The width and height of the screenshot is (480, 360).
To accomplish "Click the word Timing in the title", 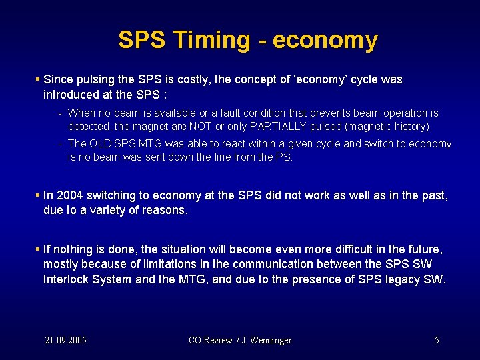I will [210, 41].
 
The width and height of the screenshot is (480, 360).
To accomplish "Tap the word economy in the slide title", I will [325, 41].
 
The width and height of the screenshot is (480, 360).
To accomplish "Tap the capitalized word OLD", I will [101, 144].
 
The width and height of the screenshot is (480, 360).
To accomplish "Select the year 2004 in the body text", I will [71, 196].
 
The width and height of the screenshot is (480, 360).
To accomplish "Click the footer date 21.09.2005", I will [65, 340].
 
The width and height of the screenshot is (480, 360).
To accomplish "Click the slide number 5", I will [437, 340].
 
